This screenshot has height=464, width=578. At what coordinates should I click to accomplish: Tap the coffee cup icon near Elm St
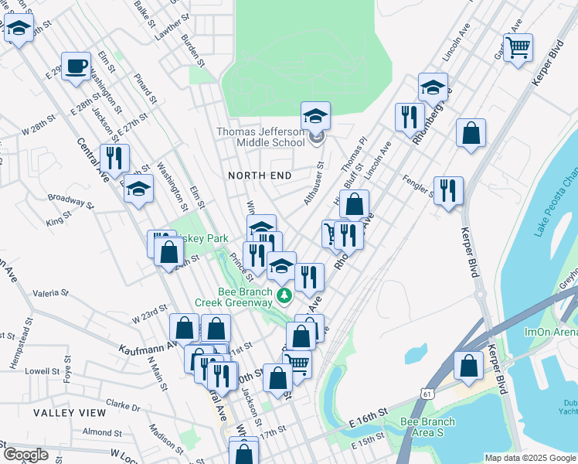click(76, 67)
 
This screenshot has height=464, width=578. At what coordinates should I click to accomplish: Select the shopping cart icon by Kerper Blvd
click(517, 47)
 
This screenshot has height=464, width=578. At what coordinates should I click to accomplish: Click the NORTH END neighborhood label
click(260, 176)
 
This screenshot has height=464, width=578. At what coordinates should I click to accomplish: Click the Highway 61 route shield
click(427, 394)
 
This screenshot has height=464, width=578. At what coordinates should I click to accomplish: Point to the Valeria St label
click(51, 294)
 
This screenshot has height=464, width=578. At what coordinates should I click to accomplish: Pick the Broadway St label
click(71, 203)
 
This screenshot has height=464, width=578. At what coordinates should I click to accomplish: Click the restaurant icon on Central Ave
click(114, 159)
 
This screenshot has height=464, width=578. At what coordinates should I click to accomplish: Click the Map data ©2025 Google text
click(530, 458)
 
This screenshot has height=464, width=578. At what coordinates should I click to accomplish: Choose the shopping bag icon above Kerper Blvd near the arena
click(468, 367)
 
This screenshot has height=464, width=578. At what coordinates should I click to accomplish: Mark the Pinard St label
click(144, 89)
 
